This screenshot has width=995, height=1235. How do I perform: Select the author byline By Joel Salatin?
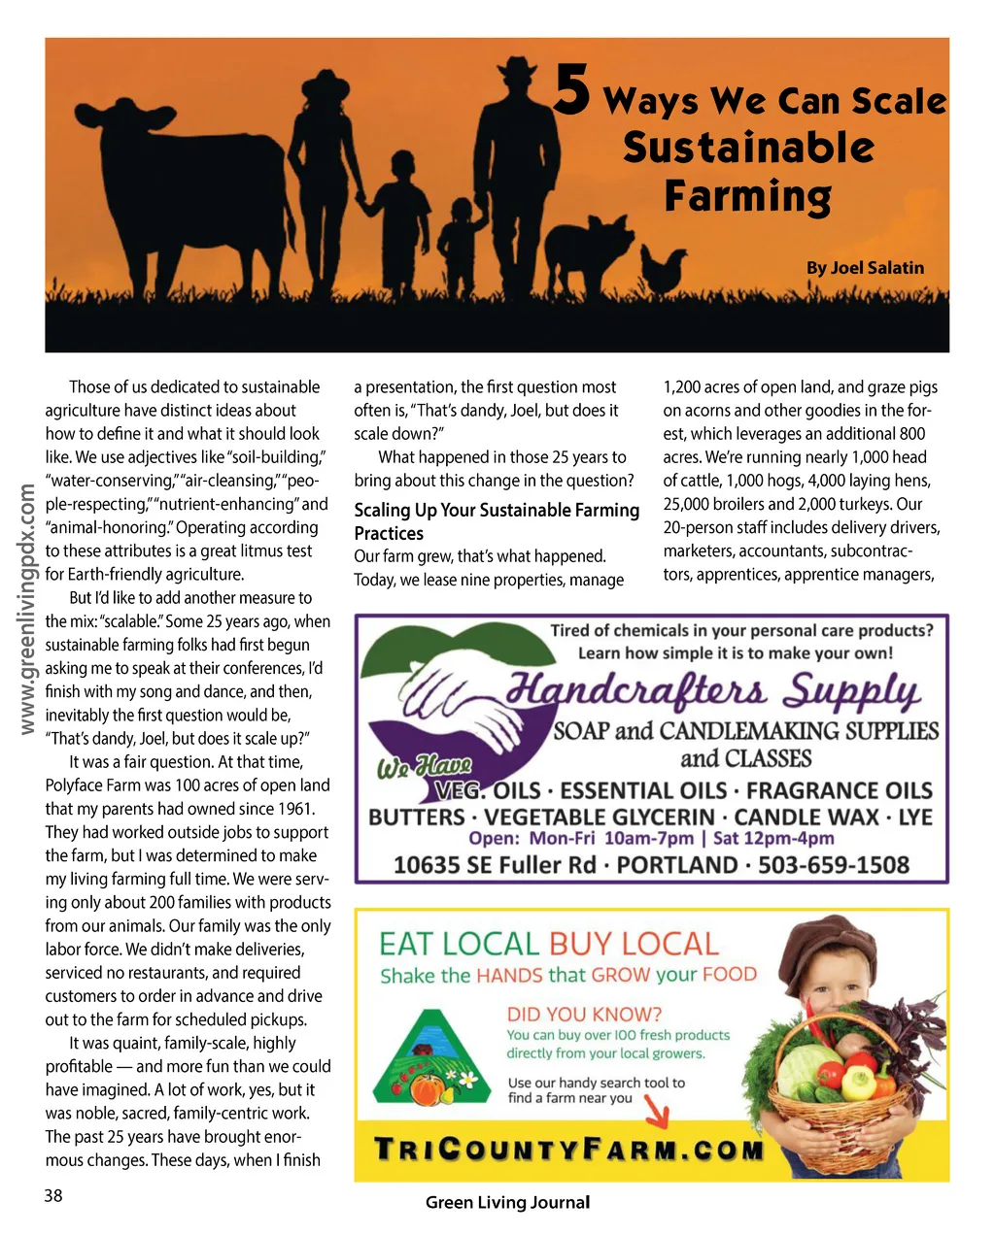click(x=865, y=268)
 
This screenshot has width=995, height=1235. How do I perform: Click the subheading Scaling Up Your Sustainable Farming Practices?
click(x=496, y=521)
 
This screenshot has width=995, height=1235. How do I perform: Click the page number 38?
click(x=53, y=1195)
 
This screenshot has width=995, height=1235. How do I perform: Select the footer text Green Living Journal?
click(x=507, y=1202)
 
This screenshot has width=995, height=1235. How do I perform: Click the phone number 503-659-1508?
click(x=834, y=864)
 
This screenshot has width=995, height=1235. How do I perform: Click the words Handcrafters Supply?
click(x=713, y=692)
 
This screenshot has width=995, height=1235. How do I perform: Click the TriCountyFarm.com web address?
click(x=569, y=1152)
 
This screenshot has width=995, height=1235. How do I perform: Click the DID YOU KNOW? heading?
click(x=584, y=1014)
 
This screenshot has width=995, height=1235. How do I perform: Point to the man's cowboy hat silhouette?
click(x=517, y=69)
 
